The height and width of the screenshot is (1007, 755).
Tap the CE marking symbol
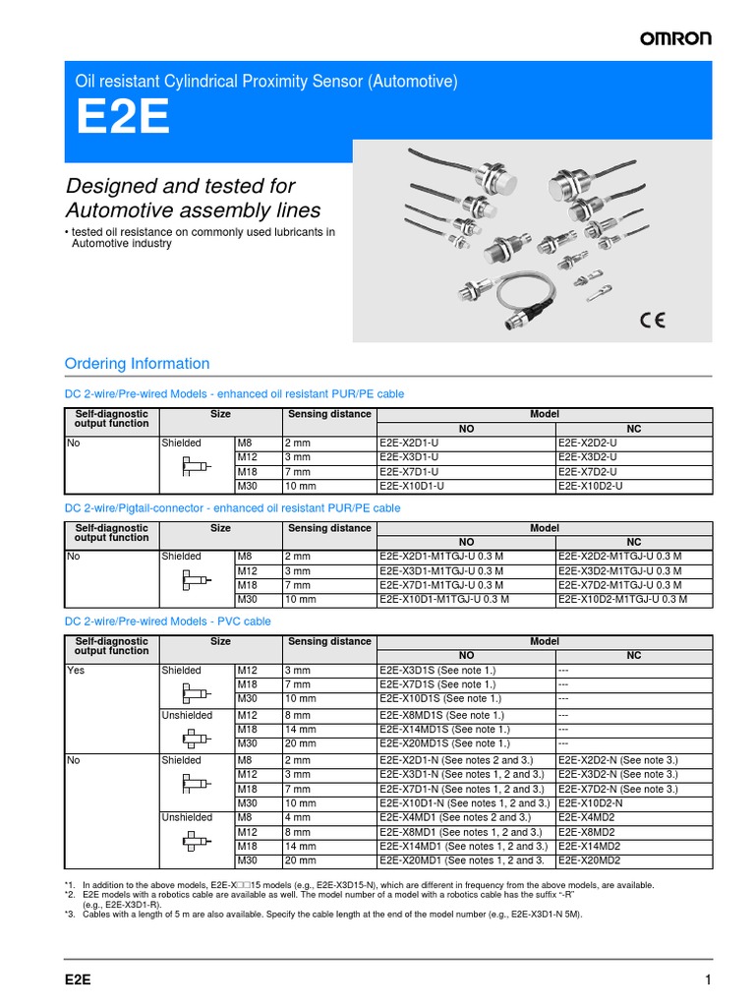tap(652, 319)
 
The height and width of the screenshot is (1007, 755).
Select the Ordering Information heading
tap(137, 363)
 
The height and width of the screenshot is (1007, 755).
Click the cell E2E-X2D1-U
tap(412, 444)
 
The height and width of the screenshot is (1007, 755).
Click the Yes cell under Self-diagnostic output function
tap(76, 671)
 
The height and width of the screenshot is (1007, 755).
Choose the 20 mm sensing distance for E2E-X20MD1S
tap(299, 743)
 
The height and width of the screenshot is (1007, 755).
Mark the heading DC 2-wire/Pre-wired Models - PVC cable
tap(167, 622)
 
